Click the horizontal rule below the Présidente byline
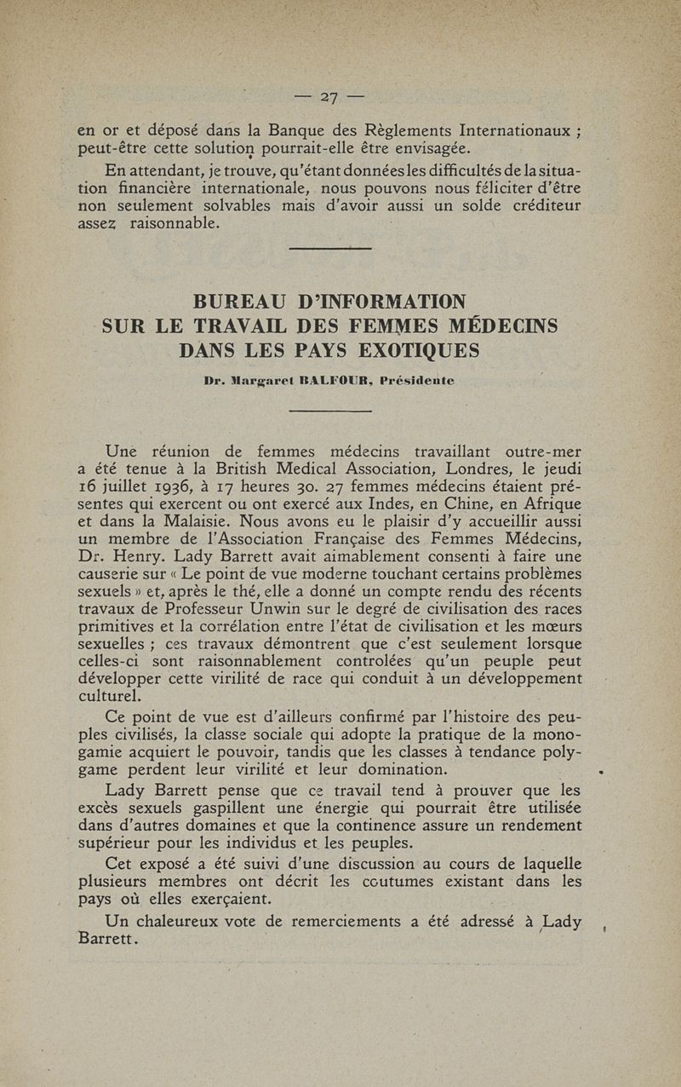pyautogui.click(x=331, y=412)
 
